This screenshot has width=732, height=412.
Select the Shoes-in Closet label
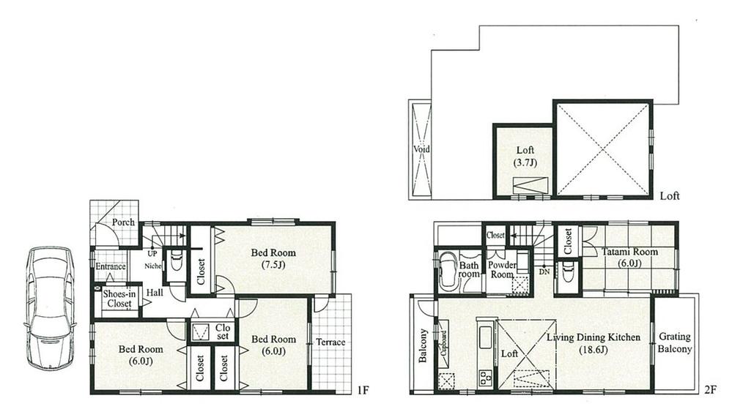pos(117,299)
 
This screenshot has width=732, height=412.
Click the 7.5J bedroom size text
pos(273,266)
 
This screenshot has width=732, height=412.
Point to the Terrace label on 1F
pos(330,342)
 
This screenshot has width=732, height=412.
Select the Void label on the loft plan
pos(422,149)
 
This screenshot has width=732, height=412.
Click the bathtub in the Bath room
pos(448,271)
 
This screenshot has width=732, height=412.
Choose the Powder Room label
pos(503,270)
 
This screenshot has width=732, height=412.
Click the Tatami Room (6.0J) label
pos(631,258)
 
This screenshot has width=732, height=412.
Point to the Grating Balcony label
pos(674,343)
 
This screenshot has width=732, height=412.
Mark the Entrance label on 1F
pos(111,267)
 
